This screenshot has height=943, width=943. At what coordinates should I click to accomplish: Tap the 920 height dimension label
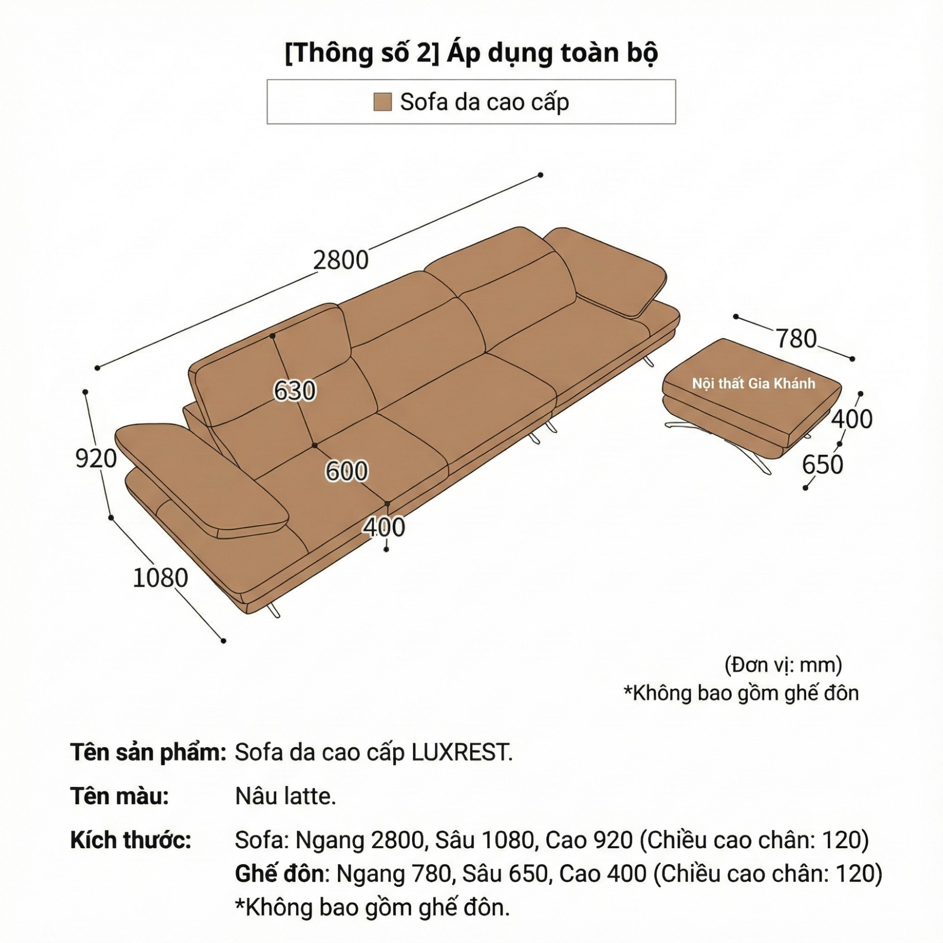coord(96,458)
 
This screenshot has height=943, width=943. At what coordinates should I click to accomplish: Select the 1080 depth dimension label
coord(160,578)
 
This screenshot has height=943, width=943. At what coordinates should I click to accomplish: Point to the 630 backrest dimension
coord(295,390)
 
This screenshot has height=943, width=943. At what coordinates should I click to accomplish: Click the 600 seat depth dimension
coord(347,471)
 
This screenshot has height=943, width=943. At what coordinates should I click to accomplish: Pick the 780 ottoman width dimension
coord(796,338)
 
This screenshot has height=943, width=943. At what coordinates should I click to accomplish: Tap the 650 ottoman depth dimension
coord(823,464)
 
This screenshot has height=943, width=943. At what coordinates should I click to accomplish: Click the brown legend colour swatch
coord(382,102)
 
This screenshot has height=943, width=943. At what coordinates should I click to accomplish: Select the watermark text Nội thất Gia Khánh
coord(753,383)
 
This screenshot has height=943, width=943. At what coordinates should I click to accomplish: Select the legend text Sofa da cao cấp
coord(484,102)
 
